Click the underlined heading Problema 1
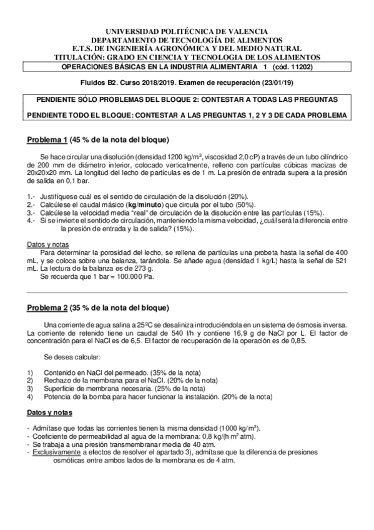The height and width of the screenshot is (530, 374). [x=46, y=139]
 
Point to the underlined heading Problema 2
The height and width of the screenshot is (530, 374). [x=46, y=307]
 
